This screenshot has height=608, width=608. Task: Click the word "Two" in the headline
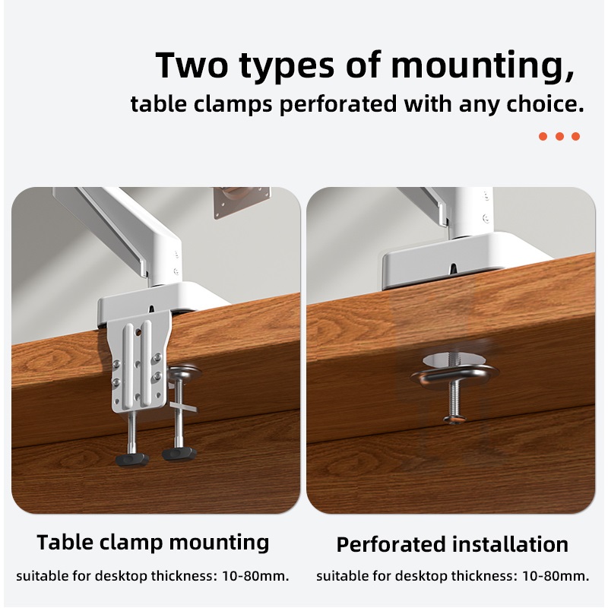(192, 65)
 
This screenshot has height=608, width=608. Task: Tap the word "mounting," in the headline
(483, 66)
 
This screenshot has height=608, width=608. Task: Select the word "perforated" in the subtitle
(337, 105)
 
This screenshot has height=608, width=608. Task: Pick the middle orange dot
(559, 136)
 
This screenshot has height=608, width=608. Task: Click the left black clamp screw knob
(132, 460)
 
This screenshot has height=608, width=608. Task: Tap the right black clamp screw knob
(179, 453)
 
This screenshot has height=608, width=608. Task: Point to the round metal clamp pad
(184, 372)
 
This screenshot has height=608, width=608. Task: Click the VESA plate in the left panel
(242, 201)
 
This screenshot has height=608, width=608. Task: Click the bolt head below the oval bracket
(454, 420)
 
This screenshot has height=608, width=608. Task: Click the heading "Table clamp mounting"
(153, 543)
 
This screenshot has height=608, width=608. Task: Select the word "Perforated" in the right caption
(391, 544)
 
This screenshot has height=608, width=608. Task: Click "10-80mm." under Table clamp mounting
(255, 576)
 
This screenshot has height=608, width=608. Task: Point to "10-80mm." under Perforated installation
(556, 576)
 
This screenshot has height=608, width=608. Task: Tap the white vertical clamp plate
(138, 364)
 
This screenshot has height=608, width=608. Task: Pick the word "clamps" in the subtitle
(233, 105)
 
